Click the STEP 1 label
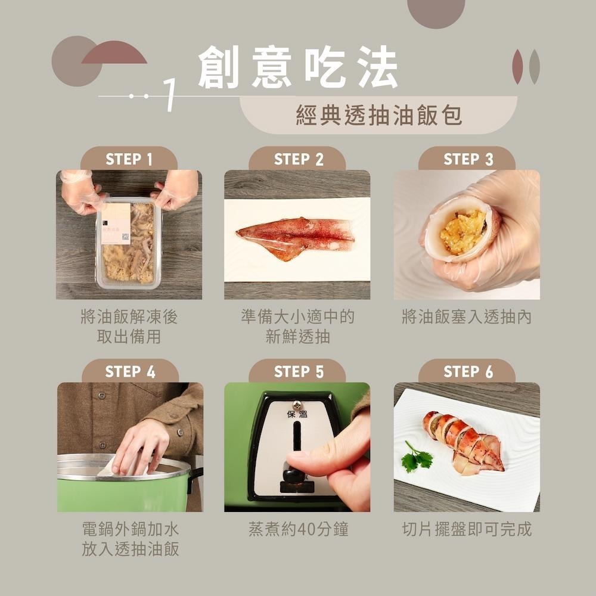(x=129, y=159)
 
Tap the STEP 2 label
(x=298, y=159)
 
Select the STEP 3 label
(x=468, y=159)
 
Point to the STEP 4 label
(x=129, y=372)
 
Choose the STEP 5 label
(x=298, y=372)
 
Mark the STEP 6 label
(x=468, y=372)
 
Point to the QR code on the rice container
(x=125, y=237)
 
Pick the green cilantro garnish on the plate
(x=418, y=458)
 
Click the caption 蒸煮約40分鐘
(x=298, y=529)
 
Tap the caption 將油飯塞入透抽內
(x=467, y=317)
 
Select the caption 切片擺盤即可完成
(x=467, y=529)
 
